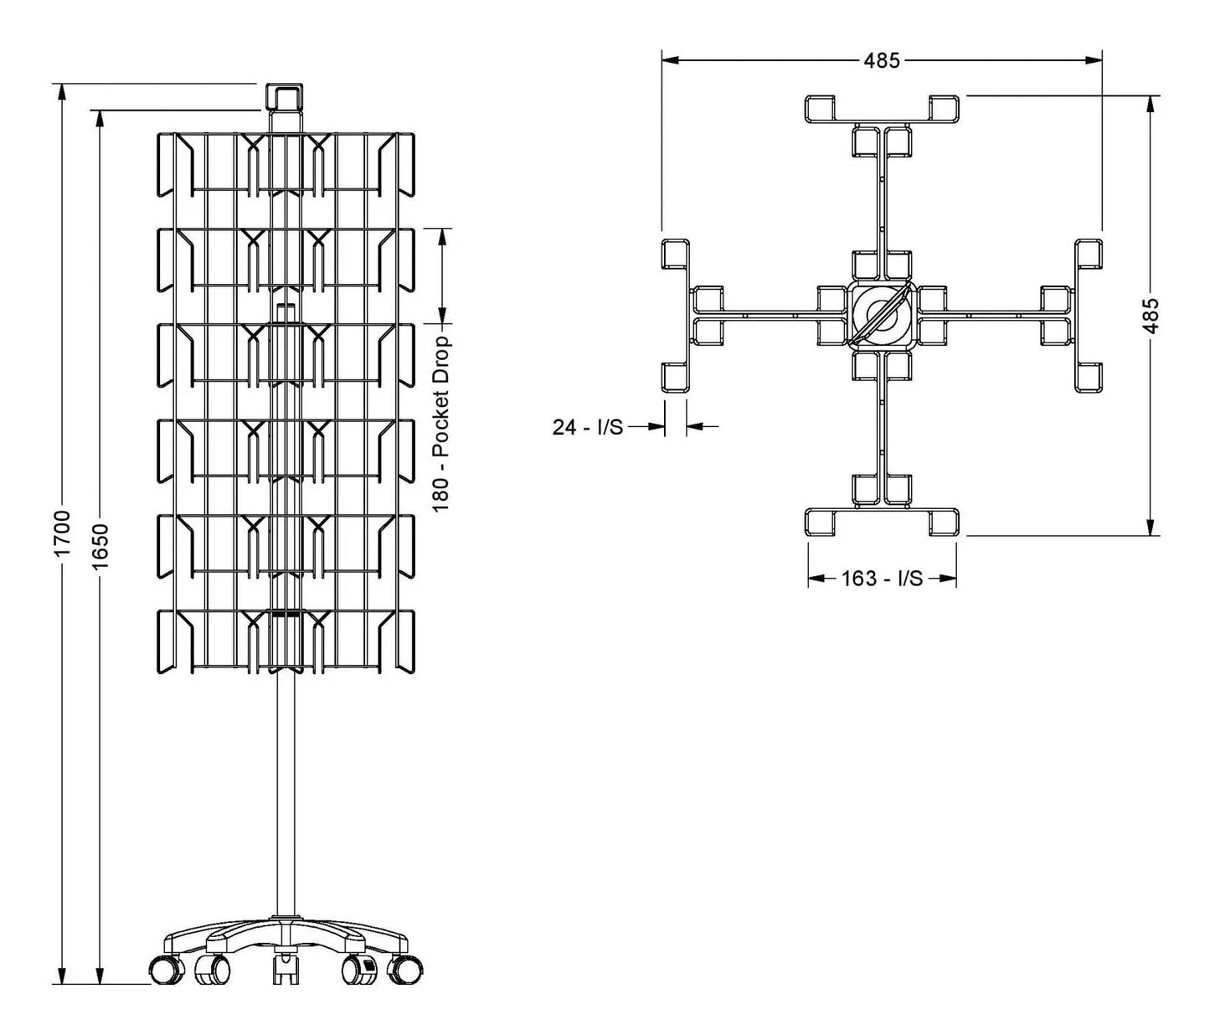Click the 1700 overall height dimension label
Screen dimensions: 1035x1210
coord(61,533)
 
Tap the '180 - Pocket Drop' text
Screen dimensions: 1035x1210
coord(443,423)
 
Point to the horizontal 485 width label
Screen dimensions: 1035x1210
coord(882,60)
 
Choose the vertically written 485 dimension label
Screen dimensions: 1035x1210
coord(1152,315)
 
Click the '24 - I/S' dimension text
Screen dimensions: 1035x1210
coord(587,427)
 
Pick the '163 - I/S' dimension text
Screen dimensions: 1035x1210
coord(882,579)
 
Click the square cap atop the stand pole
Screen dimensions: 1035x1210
coord(283,97)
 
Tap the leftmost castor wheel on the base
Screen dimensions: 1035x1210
coord(167,970)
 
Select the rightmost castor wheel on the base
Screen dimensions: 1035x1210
coord(406,970)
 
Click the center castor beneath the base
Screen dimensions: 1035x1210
coord(286,969)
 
